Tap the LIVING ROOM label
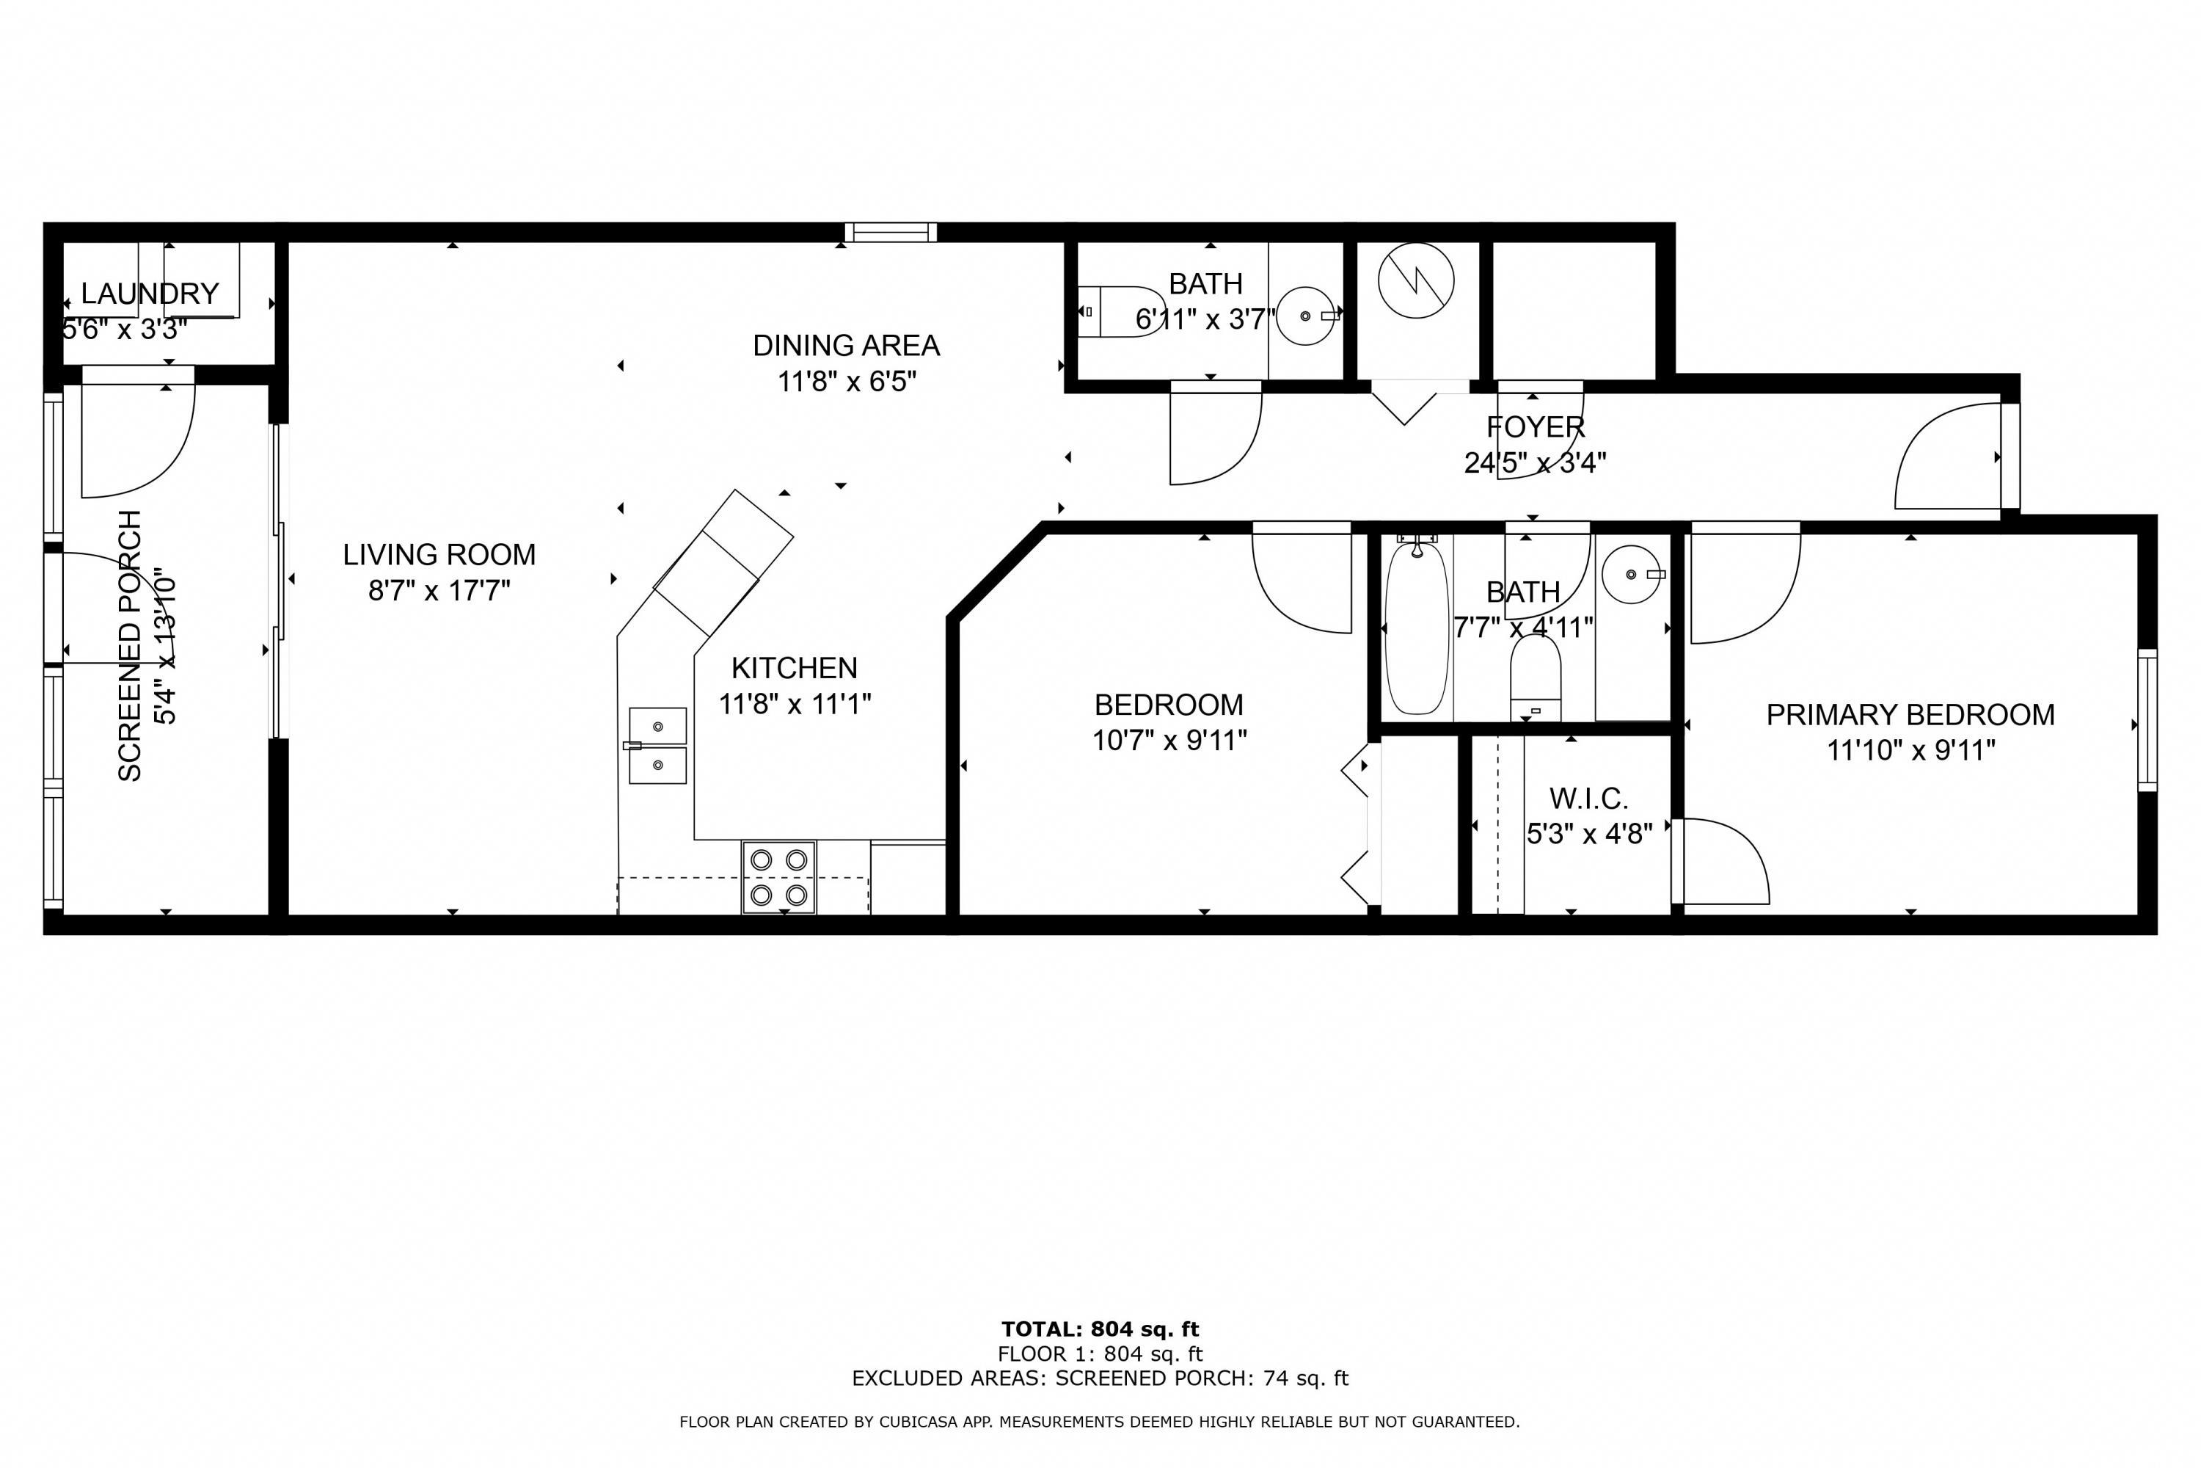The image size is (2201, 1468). point(439,554)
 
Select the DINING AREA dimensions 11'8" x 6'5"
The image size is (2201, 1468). point(847,381)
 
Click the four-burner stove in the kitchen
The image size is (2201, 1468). point(778,876)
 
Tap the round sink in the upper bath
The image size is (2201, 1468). point(1307,316)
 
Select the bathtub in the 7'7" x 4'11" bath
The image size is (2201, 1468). point(1417,629)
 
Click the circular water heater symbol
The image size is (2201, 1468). point(1416,280)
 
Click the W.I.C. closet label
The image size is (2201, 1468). point(1589,799)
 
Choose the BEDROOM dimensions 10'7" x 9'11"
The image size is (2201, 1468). point(1169,741)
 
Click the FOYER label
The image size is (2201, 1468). point(1536,427)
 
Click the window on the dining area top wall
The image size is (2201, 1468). point(890,232)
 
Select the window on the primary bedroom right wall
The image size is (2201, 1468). point(2147,719)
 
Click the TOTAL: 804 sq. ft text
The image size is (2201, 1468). point(1100,1329)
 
